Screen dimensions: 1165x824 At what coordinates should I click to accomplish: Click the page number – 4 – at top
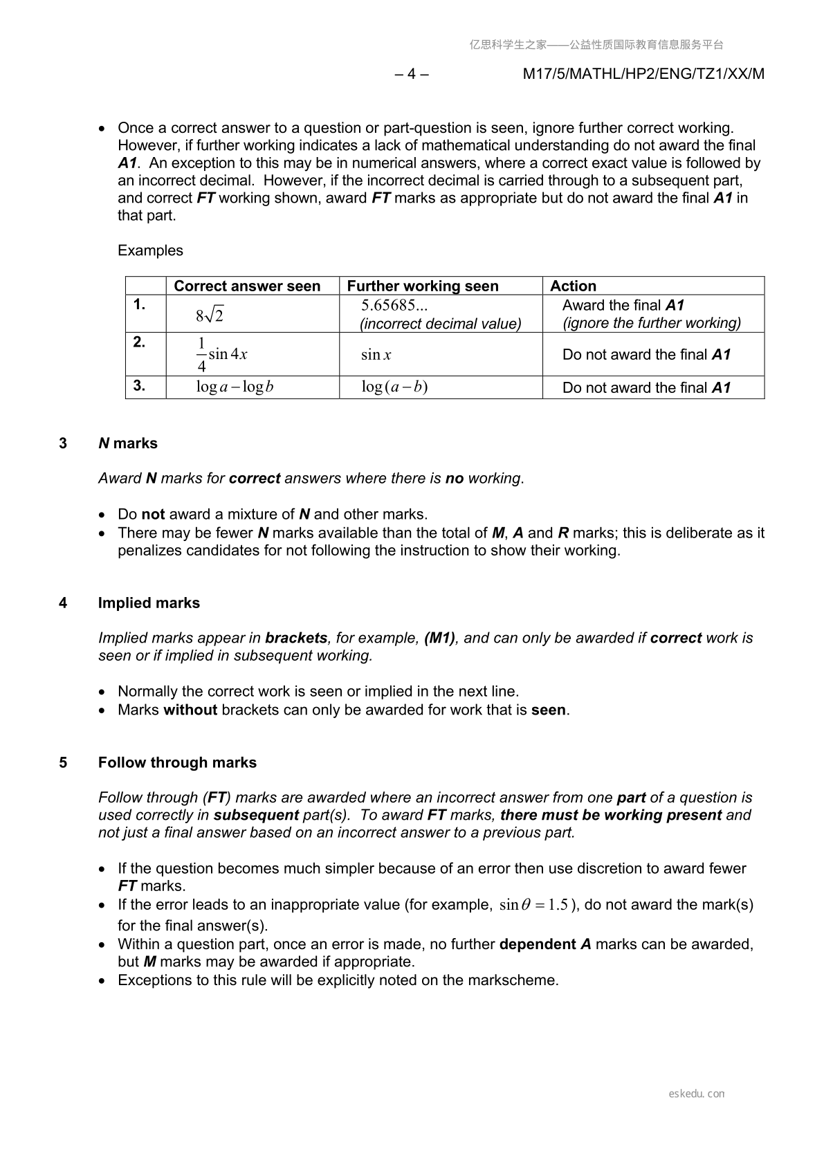point(412,74)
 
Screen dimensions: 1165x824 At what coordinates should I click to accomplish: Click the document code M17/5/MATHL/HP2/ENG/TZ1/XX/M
point(643,74)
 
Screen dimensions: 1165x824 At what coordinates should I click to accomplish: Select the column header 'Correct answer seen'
point(247,286)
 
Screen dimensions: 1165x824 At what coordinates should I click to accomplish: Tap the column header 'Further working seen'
point(422,286)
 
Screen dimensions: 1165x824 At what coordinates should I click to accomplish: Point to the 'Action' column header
point(573,286)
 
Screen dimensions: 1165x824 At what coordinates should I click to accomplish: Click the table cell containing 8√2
point(210,315)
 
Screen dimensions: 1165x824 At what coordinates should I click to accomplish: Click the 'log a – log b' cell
point(235,387)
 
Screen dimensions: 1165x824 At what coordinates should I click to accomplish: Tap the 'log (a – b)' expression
point(394,387)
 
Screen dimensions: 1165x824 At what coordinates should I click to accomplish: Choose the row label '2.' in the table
point(139,342)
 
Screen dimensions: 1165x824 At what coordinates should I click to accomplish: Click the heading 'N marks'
point(128,443)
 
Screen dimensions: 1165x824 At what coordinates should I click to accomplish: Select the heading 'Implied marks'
point(149,603)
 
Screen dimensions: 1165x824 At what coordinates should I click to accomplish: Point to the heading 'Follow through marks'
point(177,762)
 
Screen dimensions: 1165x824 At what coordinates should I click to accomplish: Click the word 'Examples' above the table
point(150,250)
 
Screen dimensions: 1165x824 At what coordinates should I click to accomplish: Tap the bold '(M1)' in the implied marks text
point(439,638)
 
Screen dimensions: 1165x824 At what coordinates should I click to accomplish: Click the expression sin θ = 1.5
point(534,905)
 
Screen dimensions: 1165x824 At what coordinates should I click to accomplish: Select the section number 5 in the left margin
point(63,762)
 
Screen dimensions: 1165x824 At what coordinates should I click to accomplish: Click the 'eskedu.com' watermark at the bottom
point(697,1094)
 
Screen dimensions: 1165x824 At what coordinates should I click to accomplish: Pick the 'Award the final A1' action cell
point(623,305)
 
